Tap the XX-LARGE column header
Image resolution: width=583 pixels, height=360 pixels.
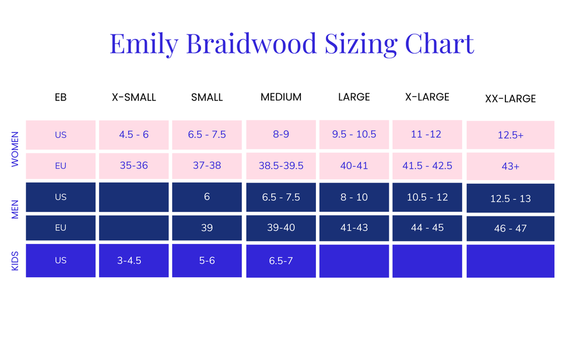click(510, 99)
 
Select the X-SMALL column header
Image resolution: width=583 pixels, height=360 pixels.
click(134, 97)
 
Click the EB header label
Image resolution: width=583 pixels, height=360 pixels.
click(61, 97)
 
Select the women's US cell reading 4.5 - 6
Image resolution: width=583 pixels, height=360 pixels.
click(134, 135)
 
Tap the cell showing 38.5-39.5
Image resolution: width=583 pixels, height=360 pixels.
click(281, 166)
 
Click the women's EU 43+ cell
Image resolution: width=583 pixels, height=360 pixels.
click(510, 166)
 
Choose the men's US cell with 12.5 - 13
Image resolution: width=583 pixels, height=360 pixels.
click(510, 198)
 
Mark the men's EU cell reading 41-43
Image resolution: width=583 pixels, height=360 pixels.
click(354, 228)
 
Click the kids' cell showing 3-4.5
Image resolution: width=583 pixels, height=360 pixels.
click(134, 261)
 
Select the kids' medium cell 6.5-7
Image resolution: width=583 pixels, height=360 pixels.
click(281, 261)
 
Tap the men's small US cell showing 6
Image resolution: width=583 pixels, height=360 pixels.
click(207, 197)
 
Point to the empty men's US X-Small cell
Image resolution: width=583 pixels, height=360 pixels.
click(134, 197)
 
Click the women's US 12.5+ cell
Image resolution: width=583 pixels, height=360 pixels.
click(510, 135)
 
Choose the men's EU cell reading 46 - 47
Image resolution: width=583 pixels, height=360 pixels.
click(510, 229)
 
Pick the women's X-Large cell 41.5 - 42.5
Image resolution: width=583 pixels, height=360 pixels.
click(427, 166)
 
